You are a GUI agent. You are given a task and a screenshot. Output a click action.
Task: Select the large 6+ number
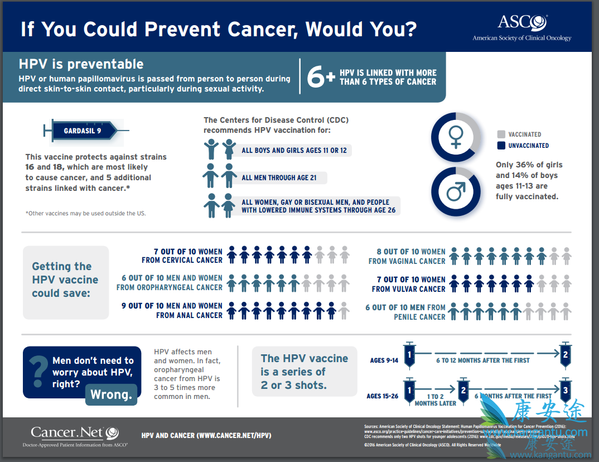(321, 78)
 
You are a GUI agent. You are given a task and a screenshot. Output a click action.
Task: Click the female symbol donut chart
(456, 137)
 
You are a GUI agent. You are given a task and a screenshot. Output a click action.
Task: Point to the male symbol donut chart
(456, 191)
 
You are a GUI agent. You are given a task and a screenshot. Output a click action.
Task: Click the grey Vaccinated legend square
(501, 134)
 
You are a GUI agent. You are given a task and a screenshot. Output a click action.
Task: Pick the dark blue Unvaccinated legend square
(501, 146)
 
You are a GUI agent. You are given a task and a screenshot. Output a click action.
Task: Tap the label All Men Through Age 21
(279, 178)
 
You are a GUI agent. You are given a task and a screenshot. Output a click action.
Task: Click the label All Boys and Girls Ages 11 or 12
(294, 151)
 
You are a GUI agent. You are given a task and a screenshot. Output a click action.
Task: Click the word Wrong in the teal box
(111, 394)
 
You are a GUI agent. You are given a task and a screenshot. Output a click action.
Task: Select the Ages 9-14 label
(384, 360)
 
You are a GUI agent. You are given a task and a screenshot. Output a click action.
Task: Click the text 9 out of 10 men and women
(172, 306)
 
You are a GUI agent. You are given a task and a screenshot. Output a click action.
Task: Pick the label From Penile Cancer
(419, 317)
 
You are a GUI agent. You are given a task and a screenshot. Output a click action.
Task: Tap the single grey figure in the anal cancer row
(344, 310)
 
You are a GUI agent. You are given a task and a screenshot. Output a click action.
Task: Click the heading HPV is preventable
(81, 64)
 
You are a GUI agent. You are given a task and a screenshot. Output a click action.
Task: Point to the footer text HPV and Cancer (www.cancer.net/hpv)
(206, 435)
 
